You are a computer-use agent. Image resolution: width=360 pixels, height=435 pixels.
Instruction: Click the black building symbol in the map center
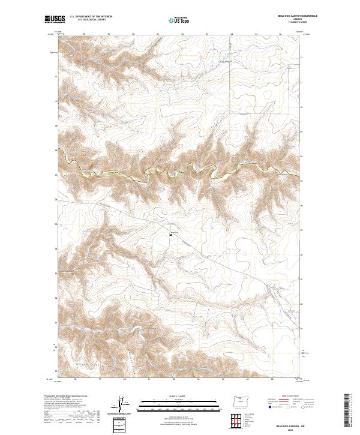coord(171,235)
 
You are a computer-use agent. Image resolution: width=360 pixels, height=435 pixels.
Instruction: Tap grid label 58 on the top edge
coord(83,34)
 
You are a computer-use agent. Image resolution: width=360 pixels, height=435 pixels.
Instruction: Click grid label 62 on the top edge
coord(181,34)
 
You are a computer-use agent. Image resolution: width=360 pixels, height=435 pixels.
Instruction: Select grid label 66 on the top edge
coord(280,34)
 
